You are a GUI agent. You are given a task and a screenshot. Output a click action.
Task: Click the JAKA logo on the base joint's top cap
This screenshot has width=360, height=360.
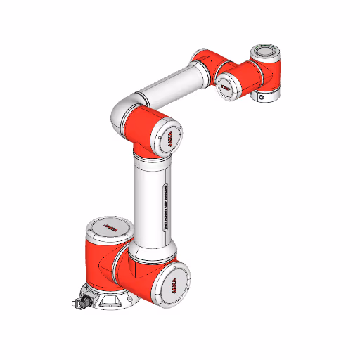tap(109, 228)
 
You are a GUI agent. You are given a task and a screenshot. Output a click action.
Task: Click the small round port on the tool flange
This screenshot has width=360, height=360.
tap(263, 98)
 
